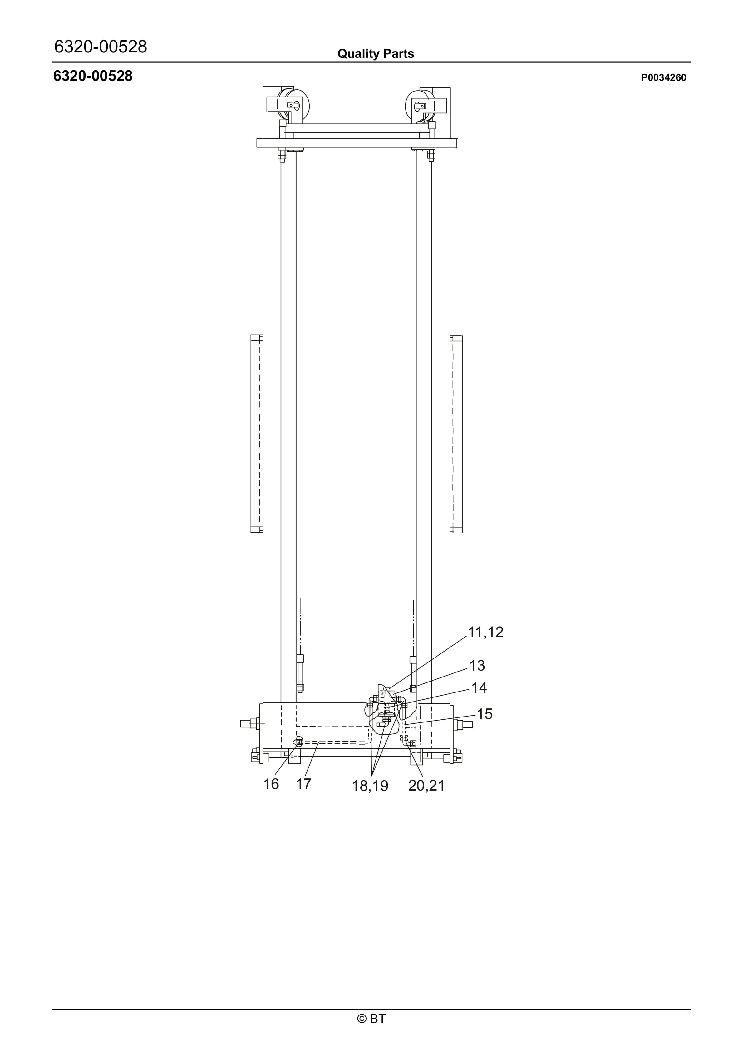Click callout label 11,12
click(x=485, y=632)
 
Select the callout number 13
click(x=477, y=665)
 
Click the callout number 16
click(x=271, y=784)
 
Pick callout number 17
click(x=304, y=784)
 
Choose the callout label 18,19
click(x=370, y=786)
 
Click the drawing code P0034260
click(x=664, y=78)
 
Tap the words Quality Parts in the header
click(x=376, y=54)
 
